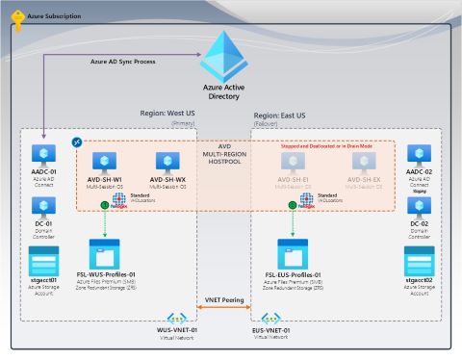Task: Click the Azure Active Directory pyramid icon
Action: point(230,56)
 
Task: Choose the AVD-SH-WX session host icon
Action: point(168,164)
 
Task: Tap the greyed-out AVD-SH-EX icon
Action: point(364,164)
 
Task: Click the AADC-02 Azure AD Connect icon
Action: point(420,155)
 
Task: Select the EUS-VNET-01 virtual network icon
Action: point(271,319)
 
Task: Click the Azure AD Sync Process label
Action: point(122,61)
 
